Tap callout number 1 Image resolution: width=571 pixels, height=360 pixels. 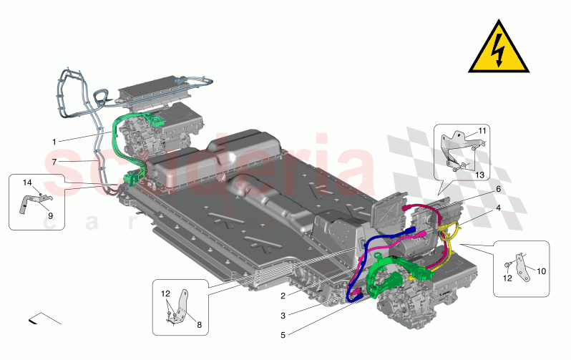[55, 141]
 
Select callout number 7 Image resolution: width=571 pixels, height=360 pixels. [55, 162]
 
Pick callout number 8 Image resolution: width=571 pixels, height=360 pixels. [199, 325]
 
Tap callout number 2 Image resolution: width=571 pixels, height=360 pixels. [283, 296]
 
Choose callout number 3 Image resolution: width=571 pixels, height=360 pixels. [283, 315]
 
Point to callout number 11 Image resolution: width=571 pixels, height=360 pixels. [482, 130]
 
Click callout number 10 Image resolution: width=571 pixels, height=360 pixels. [541, 271]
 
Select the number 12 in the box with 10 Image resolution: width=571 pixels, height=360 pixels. [508, 278]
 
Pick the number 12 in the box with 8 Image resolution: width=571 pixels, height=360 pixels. [166, 294]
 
